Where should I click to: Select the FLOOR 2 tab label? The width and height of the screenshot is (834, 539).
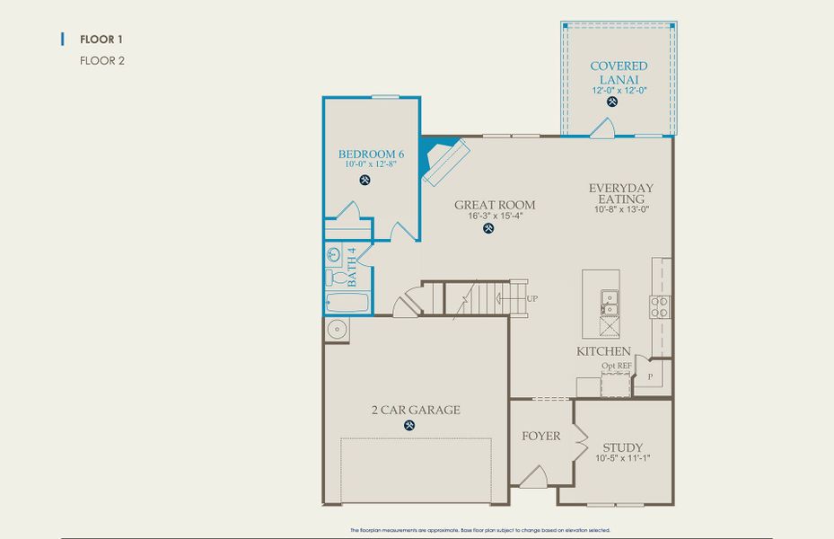[101, 61]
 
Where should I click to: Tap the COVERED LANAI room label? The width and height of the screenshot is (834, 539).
[619, 73]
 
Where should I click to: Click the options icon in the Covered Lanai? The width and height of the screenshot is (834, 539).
[613, 102]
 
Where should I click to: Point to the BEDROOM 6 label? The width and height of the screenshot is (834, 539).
[371, 154]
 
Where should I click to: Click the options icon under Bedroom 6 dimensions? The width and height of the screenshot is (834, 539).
[365, 180]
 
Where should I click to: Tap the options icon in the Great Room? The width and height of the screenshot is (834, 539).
[488, 228]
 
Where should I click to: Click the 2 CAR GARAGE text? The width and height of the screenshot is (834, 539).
[416, 410]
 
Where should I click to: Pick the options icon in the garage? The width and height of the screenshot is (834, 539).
[410, 425]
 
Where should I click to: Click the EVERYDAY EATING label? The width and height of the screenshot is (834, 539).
[620, 193]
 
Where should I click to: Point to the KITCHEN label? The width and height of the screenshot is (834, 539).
[603, 351]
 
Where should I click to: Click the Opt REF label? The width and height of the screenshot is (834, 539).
[616, 367]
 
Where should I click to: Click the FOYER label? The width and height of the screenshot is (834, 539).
[540, 437]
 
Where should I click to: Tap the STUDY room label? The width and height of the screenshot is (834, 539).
[622, 447]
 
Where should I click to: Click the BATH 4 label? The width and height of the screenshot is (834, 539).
[352, 266]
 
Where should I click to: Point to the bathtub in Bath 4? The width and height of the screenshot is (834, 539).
[348, 304]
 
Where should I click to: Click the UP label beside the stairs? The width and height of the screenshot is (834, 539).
[532, 298]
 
